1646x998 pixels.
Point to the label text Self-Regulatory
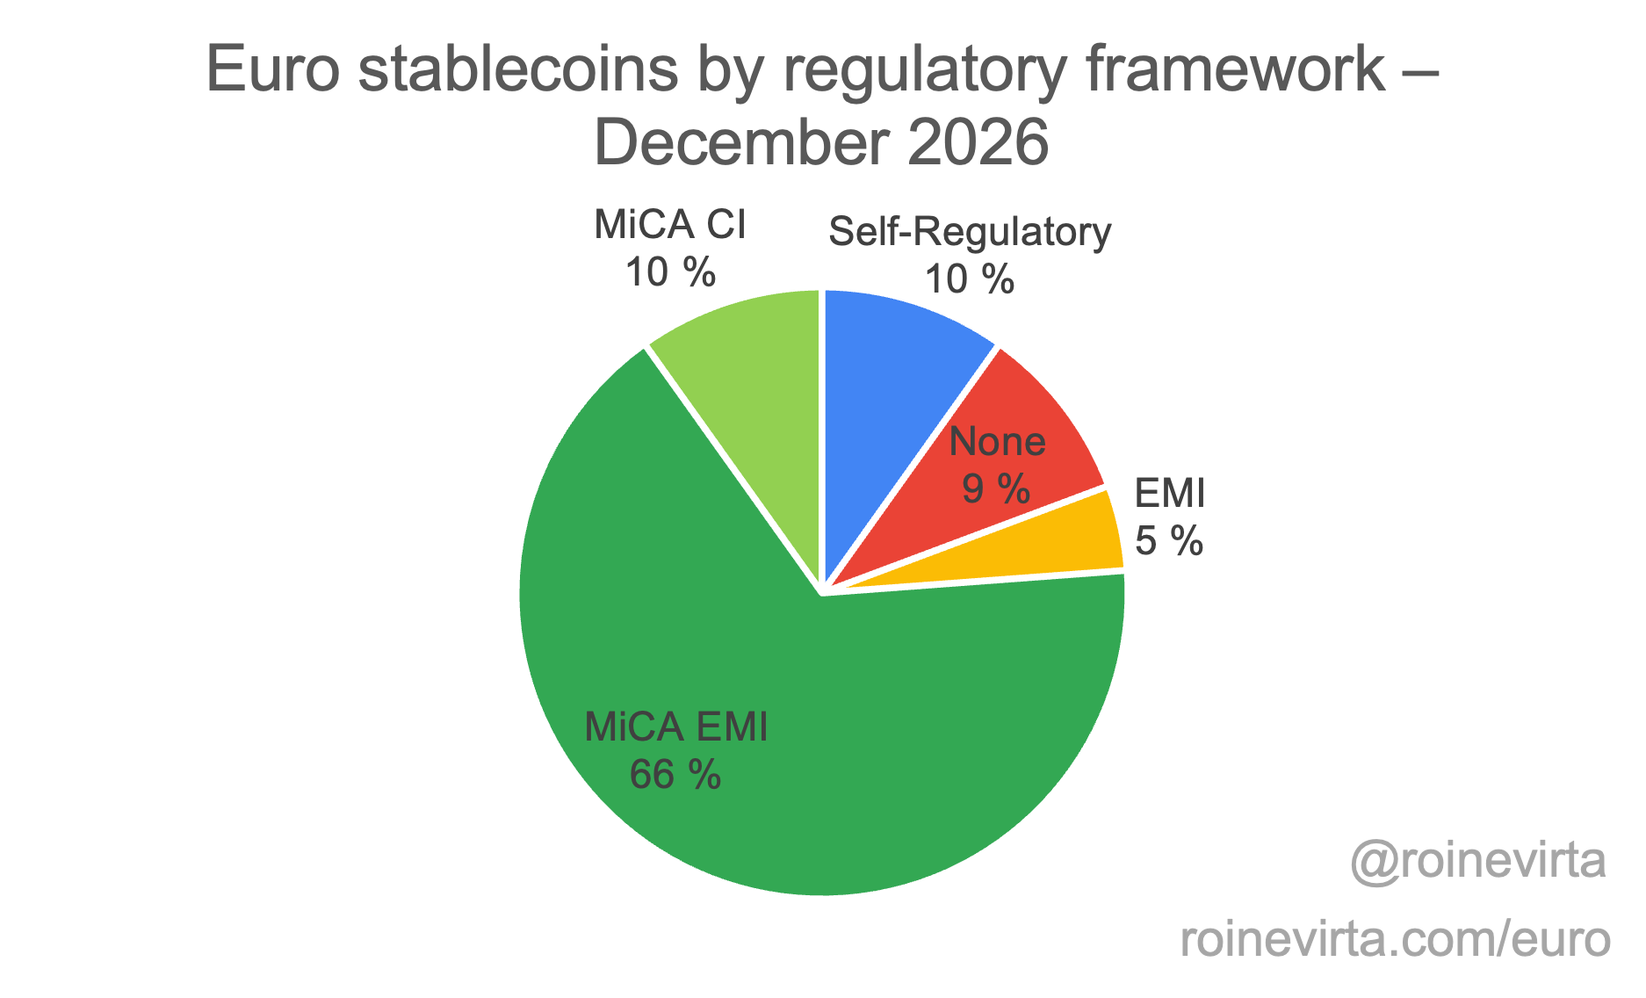(x=970, y=232)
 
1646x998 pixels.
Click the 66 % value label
(x=675, y=775)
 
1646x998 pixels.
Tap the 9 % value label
(x=996, y=488)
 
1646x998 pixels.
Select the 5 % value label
(x=1169, y=540)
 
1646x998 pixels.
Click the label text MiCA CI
(x=670, y=225)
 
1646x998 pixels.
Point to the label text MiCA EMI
(x=675, y=727)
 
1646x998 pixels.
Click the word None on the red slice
(x=998, y=441)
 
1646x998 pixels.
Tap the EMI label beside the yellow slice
(x=1170, y=494)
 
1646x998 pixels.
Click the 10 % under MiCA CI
(x=670, y=272)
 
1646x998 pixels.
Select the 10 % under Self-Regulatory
(x=970, y=279)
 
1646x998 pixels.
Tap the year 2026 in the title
(x=978, y=142)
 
